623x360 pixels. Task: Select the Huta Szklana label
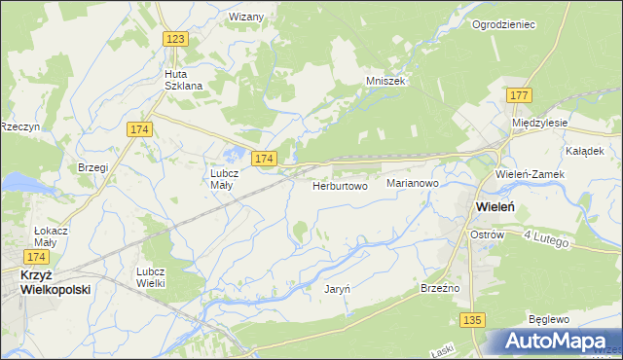[x=183, y=79]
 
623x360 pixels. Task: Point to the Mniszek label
[x=385, y=82]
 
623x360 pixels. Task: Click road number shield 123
[x=175, y=39]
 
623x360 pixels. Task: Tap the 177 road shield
[x=519, y=94]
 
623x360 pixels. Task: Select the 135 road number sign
[x=473, y=319]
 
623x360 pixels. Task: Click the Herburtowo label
[x=340, y=185]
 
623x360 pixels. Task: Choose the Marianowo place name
[x=413, y=183]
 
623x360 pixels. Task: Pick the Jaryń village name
[x=337, y=288]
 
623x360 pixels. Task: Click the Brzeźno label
[x=440, y=288]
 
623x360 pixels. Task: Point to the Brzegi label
[x=92, y=167]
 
